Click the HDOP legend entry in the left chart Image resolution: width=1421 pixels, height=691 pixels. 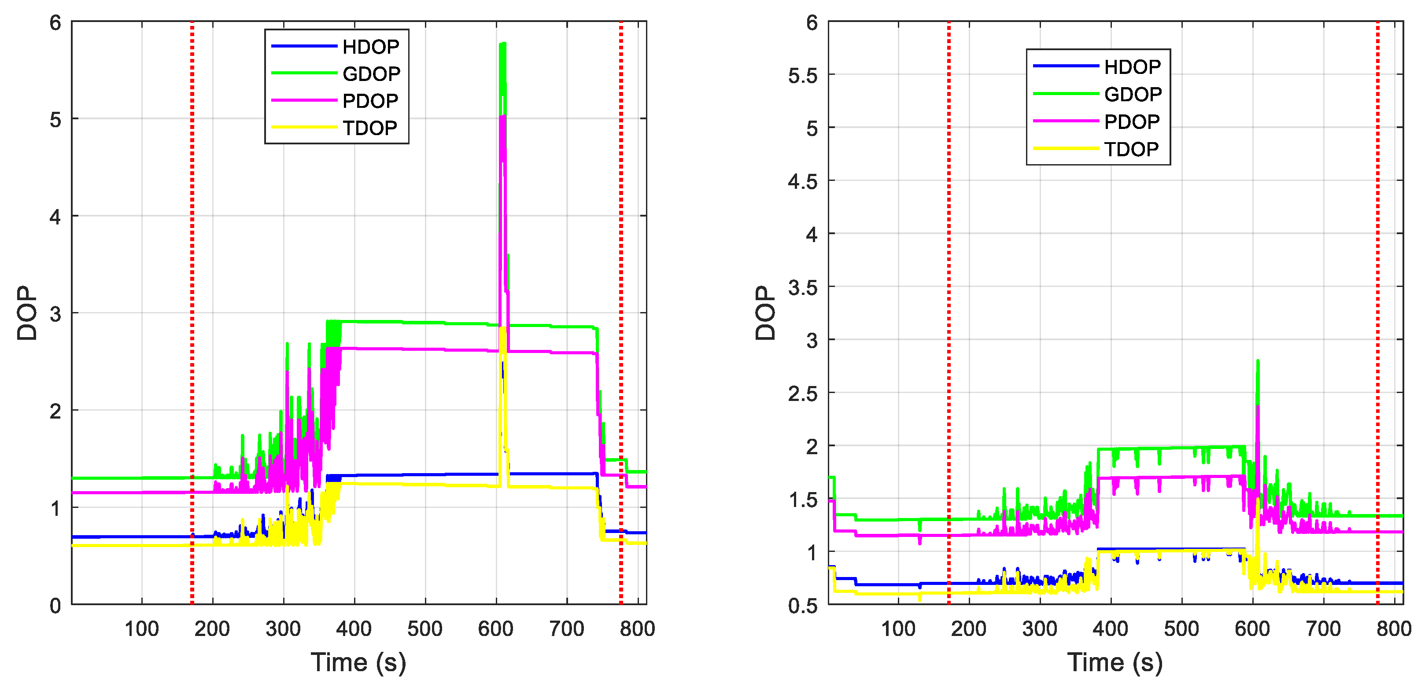point(370,47)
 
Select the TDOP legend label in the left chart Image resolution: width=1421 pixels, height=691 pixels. point(369,128)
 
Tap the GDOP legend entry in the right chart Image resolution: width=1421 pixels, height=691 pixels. point(1133,94)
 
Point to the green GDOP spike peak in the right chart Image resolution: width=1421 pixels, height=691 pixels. point(1257,362)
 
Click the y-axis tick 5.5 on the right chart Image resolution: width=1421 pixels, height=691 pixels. point(803,76)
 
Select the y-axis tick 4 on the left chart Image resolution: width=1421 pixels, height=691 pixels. point(55,217)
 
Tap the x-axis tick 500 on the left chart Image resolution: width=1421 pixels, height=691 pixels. point(425,629)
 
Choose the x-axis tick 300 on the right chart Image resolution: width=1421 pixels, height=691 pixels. point(1040,629)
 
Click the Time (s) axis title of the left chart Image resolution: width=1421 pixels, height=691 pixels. point(358,662)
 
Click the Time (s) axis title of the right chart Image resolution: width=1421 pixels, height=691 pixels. point(1115,662)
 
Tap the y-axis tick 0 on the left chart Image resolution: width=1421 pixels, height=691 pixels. point(55,606)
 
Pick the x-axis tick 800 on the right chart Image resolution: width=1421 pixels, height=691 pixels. point(1393,629)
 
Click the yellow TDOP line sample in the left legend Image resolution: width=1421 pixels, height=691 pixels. point(304,127)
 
